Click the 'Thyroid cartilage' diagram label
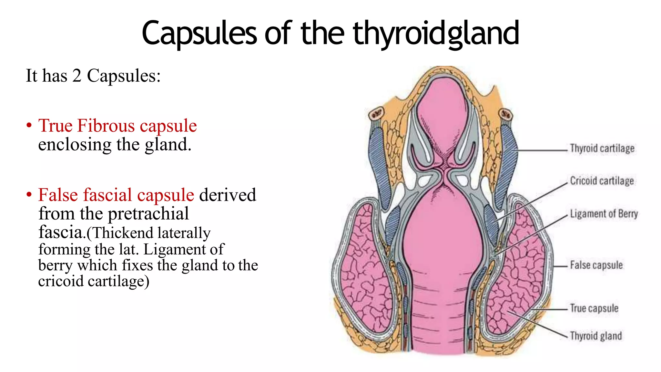point(602,149)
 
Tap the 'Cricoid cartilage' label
point(602,181)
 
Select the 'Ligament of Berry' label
point(604,214)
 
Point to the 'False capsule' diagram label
point(596,265)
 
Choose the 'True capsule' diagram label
point(594,308)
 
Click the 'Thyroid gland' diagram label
point(595,336)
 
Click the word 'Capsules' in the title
point(199,33)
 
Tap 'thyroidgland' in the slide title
point(436,33)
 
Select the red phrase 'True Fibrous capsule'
point(117,126)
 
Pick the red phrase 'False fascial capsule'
point(116,195)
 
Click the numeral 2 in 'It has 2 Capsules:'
point(76,76)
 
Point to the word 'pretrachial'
point(148,214)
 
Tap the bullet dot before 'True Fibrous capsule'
point(29,125)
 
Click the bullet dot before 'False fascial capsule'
point(29,195)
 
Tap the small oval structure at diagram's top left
point(376,114)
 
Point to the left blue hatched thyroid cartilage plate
point(378,161)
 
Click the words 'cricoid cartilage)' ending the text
point(94,281)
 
